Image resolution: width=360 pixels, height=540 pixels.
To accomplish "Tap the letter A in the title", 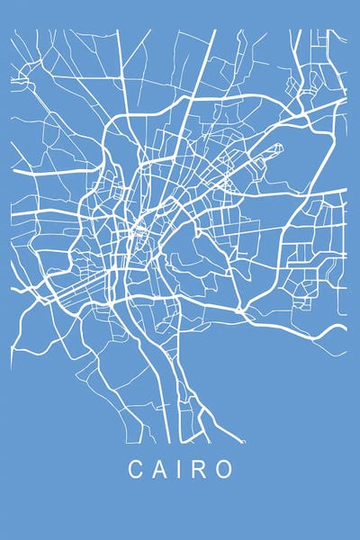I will point(159,470).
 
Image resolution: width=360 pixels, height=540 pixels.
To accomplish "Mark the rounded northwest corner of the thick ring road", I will point(112,126).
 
